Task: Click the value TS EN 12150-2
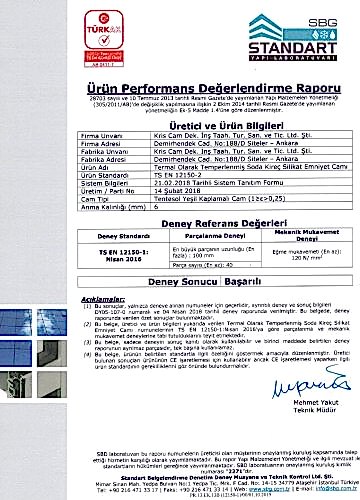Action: [x=160, y=173]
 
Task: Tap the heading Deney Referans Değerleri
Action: [x=181, y=225]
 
